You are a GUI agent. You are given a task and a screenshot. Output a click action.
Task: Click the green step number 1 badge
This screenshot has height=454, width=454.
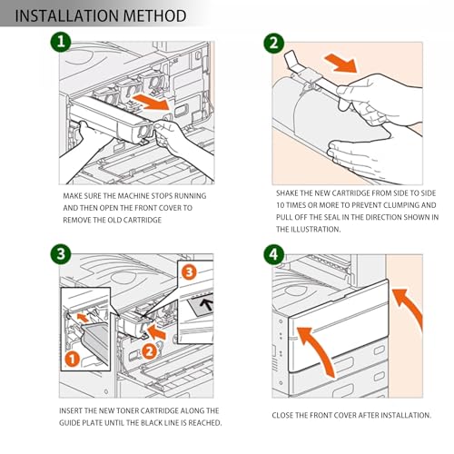click(x=61, y=42)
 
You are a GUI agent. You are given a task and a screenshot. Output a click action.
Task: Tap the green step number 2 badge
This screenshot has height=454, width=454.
click(x=274, y=43)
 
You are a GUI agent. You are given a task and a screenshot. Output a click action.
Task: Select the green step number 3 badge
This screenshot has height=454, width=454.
click(x=61, y=254)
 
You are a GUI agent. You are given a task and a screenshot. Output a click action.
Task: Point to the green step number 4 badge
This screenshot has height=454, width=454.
click(x=274, y=254)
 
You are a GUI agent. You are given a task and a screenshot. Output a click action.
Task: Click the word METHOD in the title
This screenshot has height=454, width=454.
click(x=155, y=15)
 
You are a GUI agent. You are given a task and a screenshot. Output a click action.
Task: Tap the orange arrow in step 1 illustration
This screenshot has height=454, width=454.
click(x=151, y=102)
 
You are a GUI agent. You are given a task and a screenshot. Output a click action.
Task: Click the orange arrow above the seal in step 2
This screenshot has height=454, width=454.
click(x=341, y=63)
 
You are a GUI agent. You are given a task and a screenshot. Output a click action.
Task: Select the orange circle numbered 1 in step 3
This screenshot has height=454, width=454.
click(x=73, y=360)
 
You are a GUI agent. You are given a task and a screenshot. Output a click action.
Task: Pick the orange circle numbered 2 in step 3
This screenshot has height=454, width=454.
click(x=149, y=351)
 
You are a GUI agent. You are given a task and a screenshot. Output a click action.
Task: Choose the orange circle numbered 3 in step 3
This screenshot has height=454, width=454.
click(x=189, y=271)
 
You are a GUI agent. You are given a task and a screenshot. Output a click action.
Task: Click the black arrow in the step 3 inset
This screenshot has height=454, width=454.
click(x=207, y=303)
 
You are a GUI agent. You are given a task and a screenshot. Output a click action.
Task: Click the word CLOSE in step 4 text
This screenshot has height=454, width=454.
click(x=282, y=415)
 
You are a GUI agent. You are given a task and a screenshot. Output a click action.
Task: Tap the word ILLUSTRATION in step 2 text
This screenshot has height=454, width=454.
click(x=316, y=230)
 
